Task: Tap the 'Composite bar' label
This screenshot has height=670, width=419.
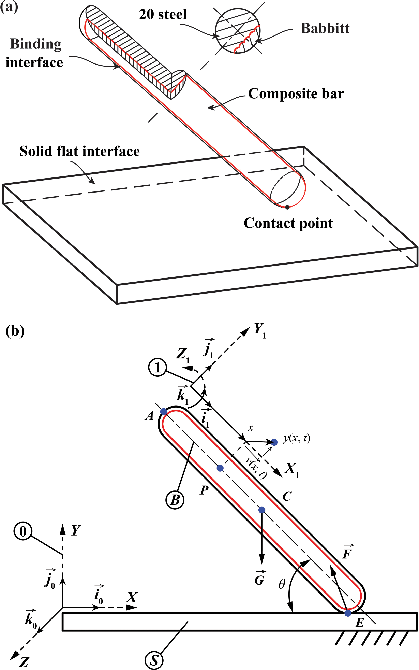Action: coord(296,94)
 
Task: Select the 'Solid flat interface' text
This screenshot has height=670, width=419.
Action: coord(79,151)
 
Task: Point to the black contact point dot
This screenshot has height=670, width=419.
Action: coord(287,207)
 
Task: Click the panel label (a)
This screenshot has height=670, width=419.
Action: coord(9,7)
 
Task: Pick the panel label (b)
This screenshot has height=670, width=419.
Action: coord(15,331)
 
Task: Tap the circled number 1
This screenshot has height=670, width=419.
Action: coord(157,368)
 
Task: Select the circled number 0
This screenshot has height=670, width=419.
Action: coord(23,531)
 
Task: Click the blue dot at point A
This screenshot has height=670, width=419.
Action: coord(164,411)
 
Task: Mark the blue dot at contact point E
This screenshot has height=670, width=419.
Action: coord(348,613)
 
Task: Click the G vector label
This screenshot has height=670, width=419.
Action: coord(260,579)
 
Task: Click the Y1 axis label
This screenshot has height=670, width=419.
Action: coord(260,330)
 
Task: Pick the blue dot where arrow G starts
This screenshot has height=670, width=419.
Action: coord(262,510)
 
